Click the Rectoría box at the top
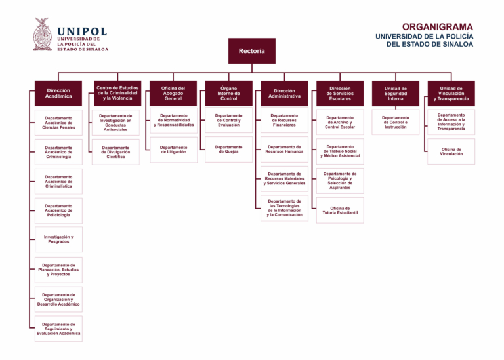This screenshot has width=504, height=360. click(252, 50)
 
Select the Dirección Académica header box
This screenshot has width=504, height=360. click(58, 93)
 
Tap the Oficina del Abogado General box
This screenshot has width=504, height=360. click(173, 93)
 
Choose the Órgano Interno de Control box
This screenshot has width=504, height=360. click(228, 93)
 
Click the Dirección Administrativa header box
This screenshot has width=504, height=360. click(284, 93)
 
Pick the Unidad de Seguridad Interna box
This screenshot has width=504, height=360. click(395, 93)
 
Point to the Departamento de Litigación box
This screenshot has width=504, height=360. click(173, 150)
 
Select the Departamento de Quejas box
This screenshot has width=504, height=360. click(228, 150)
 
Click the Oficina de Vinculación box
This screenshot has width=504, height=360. click(451, 151)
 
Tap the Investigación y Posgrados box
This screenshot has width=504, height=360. click(58, 239)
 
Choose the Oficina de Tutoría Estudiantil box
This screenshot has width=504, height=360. click(340, 210)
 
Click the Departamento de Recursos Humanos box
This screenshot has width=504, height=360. click(284, 150)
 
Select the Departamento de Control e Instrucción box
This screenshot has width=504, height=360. click(395, 122)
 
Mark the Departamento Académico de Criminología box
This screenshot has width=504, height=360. click(58, 152)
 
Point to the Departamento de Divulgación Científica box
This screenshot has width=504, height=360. click(115, 152)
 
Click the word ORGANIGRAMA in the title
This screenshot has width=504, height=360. click(438, 27)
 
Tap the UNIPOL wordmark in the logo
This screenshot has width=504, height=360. click(82, 31)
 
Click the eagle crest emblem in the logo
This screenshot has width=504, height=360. click(43, 34)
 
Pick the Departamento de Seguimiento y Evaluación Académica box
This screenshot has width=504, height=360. click(58, 329)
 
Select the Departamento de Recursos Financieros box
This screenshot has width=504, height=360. click(284, 120)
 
